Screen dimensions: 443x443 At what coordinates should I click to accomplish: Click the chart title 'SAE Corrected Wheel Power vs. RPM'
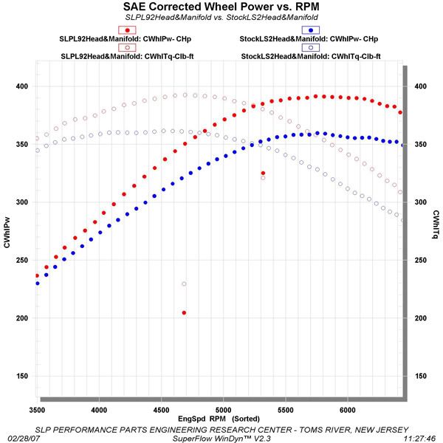pyautogui.click(x=221, y=7)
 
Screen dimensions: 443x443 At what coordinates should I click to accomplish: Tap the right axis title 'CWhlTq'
pyautogui.click(x=436, y=225)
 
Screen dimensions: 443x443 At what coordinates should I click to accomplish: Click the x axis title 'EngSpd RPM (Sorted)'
pyautogui.click(x=220, y=418)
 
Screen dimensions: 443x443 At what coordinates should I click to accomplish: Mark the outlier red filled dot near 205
pyautogui.click(x=184, y=312)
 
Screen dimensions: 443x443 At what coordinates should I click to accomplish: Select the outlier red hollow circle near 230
pyautogui.click(x=184, y=284)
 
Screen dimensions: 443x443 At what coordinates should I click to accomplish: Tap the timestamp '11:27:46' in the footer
pyautogui.click(x=422, y=437)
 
